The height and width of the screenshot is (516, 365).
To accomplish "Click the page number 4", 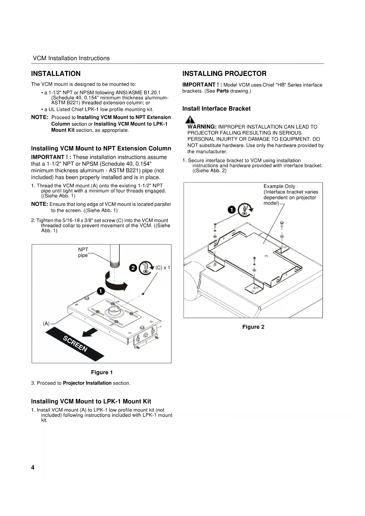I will (x=33, y=467).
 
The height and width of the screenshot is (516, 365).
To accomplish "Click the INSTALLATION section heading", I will (x=56, y=74).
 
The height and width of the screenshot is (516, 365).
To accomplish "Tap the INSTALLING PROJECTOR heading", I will (x=224, y=74).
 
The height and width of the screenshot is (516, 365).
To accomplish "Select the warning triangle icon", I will (x=190, y=120).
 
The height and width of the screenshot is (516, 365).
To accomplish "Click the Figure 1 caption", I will (x=102, y=372).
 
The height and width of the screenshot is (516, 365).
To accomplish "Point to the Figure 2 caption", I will (x=253, y=327).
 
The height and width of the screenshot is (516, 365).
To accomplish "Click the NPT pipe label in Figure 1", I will (x=83, y=252).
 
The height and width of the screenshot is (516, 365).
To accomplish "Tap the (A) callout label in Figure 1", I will (x=46, y=324).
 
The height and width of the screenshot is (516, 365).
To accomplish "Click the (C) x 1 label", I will (x=163, y=268).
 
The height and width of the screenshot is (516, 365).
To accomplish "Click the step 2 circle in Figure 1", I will (x=133, y=268).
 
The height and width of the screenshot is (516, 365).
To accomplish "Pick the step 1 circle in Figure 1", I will (x=101, y=291).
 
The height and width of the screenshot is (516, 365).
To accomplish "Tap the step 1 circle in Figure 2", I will (x=232, y=209).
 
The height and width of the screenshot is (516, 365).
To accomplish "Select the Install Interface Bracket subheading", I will (x=216, y=109).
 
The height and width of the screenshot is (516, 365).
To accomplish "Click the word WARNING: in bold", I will (x=202, y=127).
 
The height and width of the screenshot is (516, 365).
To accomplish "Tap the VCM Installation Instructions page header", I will (x=71, y=58).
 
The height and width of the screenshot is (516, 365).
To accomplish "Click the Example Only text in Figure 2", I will (x=279, y=186).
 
